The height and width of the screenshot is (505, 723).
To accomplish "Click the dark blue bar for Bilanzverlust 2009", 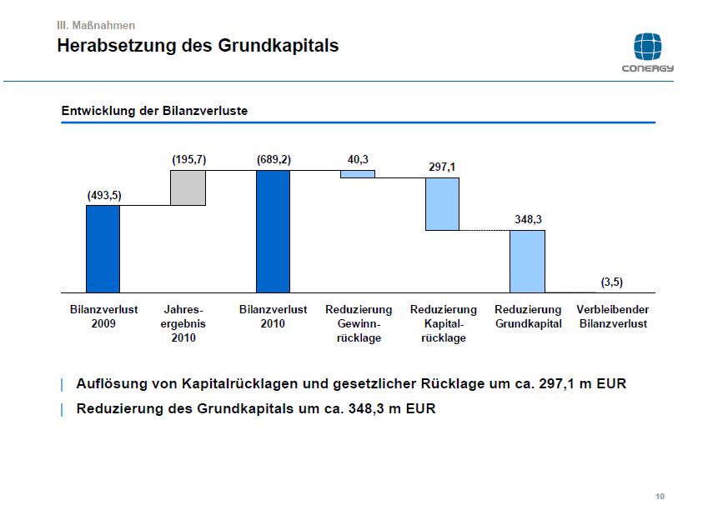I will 103,248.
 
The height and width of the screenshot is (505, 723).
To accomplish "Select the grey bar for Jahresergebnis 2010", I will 188,187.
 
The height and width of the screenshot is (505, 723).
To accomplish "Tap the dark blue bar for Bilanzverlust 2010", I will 273,231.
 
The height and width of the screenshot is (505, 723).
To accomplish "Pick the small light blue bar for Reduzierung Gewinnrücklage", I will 358,174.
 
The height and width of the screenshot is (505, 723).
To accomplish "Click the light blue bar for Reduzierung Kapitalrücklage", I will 442,203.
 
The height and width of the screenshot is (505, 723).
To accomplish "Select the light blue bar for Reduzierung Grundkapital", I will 527,261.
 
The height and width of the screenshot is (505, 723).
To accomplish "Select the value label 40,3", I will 358,158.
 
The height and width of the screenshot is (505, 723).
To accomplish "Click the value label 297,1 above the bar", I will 442,167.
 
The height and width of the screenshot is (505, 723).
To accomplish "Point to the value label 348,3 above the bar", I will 527,219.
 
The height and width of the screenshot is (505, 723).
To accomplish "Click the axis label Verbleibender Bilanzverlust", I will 612,317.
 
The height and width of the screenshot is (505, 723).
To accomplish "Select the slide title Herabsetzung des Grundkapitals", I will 198,46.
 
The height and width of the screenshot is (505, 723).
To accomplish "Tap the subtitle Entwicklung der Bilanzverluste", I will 154,111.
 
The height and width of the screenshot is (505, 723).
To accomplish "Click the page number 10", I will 660,497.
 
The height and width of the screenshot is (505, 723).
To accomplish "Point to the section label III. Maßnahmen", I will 95,26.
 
